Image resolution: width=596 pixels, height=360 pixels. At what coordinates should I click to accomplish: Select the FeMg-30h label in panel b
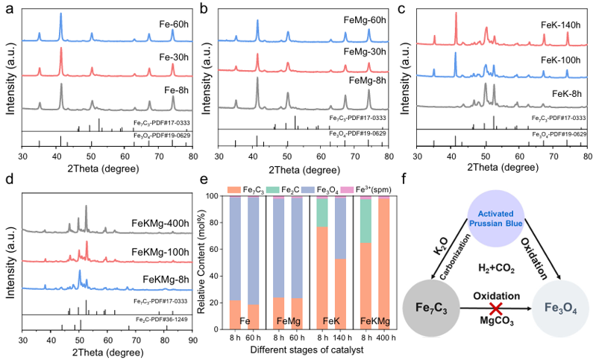(x=366, y=51)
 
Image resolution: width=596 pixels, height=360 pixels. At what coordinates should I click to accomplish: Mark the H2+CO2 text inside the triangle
(x=495, y=267)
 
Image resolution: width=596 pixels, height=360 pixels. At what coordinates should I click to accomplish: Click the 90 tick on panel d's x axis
(x=193, y=339)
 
